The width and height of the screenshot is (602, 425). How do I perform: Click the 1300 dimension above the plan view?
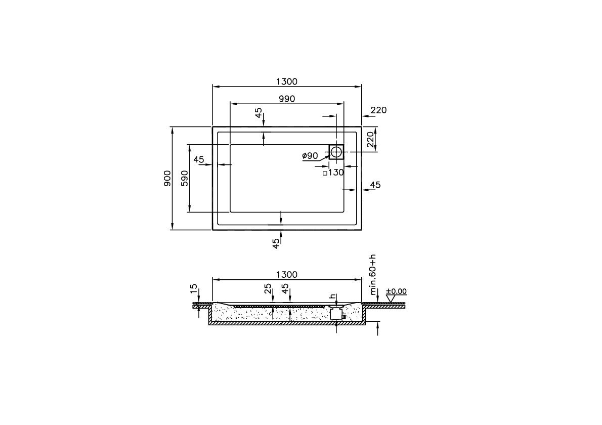286,81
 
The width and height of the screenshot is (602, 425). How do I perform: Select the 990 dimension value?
286,99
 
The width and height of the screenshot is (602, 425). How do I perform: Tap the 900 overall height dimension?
167,178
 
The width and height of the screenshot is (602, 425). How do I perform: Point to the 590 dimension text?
185,178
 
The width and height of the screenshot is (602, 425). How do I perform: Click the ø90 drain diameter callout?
310,156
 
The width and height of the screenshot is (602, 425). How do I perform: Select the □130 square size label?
333,173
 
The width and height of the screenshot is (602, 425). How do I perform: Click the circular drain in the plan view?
336,151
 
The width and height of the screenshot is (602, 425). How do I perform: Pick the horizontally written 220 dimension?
378,110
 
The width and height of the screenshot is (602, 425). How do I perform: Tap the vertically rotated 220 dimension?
370,140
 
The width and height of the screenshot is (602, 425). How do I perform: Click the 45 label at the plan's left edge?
199,160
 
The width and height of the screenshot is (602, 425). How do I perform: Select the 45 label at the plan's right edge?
375,185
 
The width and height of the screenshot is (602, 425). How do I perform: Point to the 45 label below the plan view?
276,243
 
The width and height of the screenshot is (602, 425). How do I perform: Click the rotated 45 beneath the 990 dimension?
259,113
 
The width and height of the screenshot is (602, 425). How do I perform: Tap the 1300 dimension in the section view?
286,275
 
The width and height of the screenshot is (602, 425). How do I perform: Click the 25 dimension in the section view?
268,288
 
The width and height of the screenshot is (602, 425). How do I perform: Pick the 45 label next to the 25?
285,288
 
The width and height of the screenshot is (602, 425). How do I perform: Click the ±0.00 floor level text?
396,291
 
